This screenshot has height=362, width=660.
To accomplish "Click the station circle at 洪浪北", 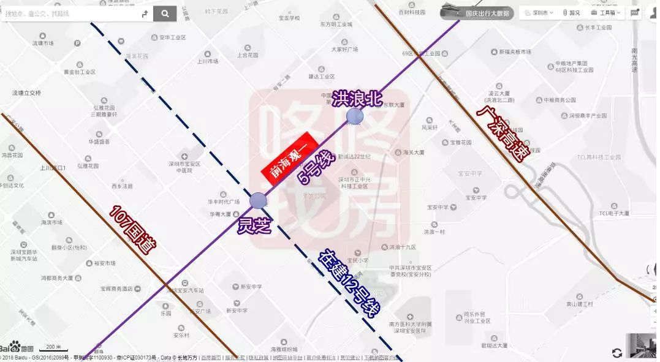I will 354,116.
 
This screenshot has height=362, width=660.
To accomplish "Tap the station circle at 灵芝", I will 259,200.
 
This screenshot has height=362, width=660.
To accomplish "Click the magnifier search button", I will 165,13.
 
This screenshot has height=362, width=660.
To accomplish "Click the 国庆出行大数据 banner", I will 487,13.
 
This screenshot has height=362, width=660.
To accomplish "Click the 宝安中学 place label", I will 476,198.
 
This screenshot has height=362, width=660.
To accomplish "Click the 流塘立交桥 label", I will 27,93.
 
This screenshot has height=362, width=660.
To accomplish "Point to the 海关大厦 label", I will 414,152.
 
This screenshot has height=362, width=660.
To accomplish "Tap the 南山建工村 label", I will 580,304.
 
